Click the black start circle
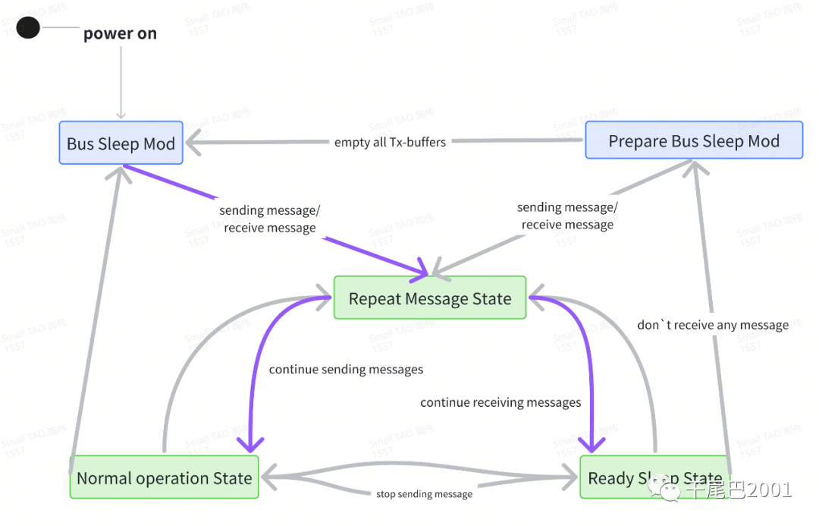coord(28,28)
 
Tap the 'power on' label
coord(120,33)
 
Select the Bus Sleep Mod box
coord(121,143)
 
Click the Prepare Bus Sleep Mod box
coord(694,140)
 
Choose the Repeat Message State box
coord(430,298)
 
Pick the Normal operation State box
coord(165,477)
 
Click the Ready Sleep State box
coord(655,477)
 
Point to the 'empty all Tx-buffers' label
coord(390,142)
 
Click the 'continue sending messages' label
coord(346,370)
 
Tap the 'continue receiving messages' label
coord(500,402)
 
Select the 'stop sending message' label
coord(424,494)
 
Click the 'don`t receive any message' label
coord(713,325)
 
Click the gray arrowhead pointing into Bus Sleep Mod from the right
coord(196,142)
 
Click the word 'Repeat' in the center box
coord(374,299)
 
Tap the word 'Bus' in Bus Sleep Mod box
coord(80,143)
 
